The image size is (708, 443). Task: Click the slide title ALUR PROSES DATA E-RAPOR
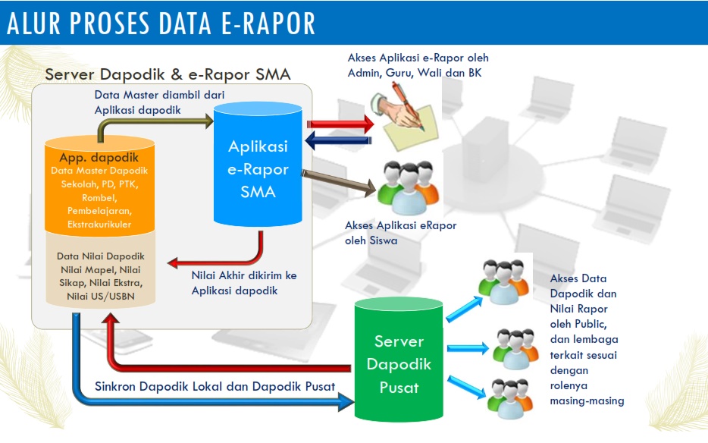coord(161,24)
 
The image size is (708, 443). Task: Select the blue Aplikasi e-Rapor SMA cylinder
coord(257,168)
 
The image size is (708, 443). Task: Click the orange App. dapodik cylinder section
coord(100,186)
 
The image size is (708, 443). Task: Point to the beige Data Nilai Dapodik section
coord(100,273)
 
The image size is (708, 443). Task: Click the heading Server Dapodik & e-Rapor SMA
coord(168,75)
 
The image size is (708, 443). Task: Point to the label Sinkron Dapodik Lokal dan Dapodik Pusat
coord(215,386)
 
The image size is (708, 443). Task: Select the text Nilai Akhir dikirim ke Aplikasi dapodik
coord(243,282)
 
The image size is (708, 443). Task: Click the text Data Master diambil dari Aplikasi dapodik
coord(159,102)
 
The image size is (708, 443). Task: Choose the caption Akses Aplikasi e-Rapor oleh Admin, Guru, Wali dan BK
coord(418,65)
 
